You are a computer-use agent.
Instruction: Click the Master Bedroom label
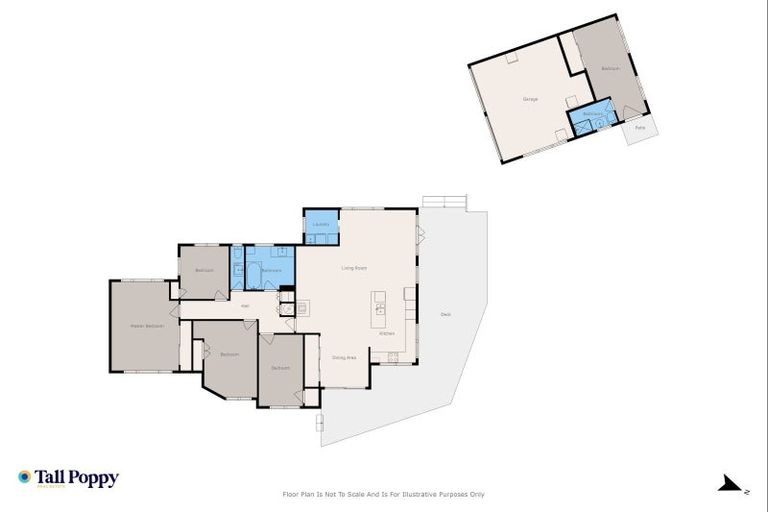pos(147,326)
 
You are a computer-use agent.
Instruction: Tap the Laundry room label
pos(320,225)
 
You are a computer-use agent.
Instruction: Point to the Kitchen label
pos(387,333)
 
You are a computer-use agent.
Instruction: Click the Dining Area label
pos(345,357)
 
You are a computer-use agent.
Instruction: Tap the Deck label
pos(445,315)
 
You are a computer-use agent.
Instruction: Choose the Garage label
pos(530,99)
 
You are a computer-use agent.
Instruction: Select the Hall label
pos(244,306)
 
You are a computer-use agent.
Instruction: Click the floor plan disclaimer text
pos(385,494)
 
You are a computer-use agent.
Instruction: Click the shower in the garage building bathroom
pos(603,124)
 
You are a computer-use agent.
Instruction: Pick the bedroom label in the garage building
pos(610,69)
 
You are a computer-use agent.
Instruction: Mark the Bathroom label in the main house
pos(271,271)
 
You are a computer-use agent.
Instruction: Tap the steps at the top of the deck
pos(443,201)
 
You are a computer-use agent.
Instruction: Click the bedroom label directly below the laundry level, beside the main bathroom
pos(205,271)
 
